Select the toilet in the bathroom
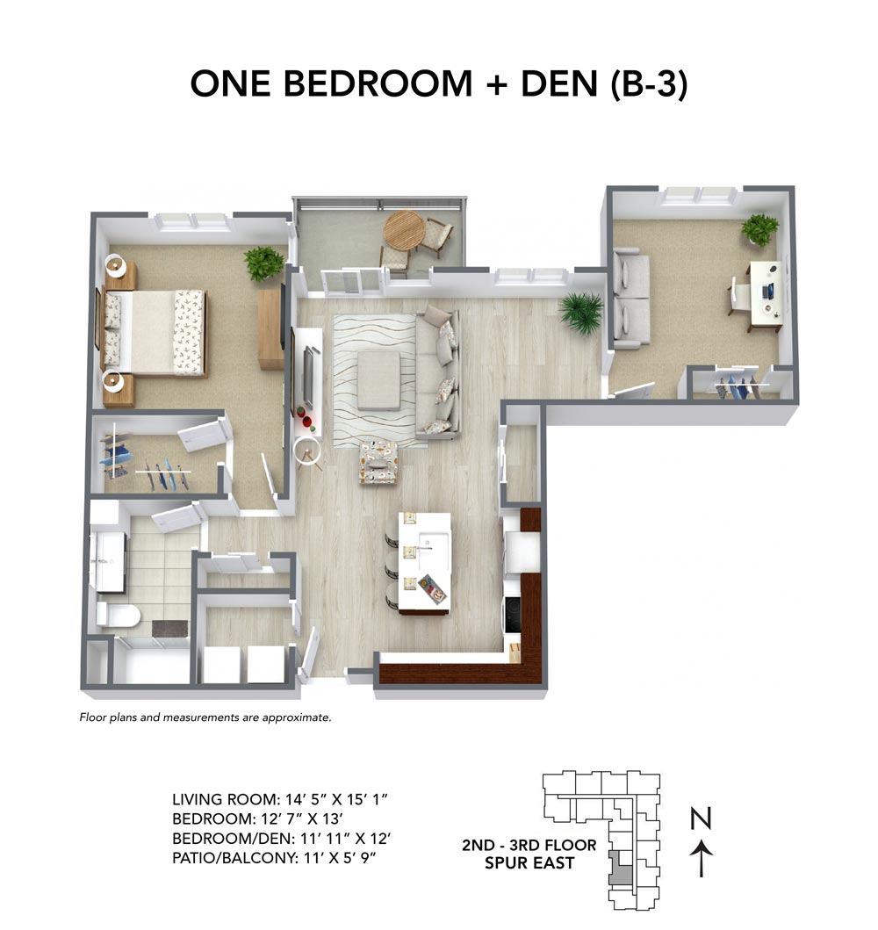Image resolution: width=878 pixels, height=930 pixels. [116, 614]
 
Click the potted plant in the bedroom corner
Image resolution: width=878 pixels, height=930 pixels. [263, 263]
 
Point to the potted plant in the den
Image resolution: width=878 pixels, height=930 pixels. [759, 229]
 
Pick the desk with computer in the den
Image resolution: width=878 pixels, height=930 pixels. [763, 295]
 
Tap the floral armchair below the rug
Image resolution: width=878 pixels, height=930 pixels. [378, 461]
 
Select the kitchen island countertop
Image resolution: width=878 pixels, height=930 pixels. [425, 560]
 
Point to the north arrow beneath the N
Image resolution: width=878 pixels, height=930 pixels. [701, 857]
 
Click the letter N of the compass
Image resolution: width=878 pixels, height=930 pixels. [701, 820]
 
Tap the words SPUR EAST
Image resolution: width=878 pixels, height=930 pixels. [529, 863]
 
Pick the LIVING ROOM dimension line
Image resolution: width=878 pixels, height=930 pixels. [279, 800]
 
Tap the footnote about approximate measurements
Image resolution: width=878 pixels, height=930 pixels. [205, 717]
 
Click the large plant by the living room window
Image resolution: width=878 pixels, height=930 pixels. [580, 311]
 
